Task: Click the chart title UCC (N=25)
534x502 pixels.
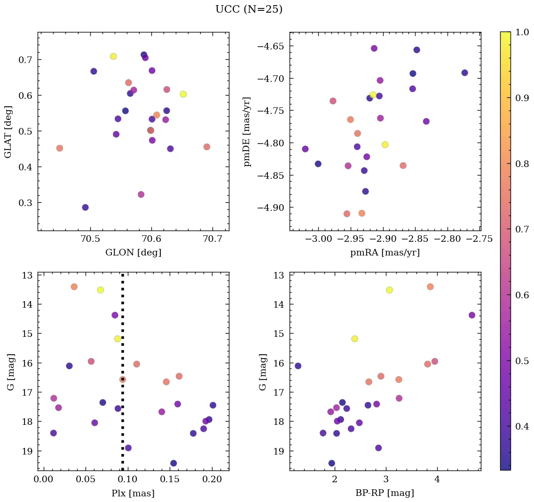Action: point(249,9)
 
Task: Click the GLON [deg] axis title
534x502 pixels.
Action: point(133,253)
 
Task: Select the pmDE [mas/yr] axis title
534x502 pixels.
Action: point(247,132)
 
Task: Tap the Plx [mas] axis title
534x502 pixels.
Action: point(133,493)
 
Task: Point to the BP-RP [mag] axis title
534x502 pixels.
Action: point(385,493)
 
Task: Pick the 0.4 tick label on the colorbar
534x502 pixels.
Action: point(523,426)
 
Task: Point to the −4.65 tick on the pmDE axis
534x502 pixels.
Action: point(270,46)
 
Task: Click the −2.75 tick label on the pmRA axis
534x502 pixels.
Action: point(480,239)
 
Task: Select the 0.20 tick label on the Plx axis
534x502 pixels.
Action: point(212,479)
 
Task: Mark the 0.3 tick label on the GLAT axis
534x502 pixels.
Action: point(27,203)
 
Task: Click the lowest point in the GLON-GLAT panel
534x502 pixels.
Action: point(85,207)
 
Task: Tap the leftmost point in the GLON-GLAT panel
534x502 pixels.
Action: point(60,148)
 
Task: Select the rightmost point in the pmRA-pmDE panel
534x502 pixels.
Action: point(464,73)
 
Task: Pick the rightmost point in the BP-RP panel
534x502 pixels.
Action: point(472,315)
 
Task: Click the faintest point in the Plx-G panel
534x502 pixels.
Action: point(173,463)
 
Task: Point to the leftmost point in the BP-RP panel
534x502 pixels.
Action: point(298,366)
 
